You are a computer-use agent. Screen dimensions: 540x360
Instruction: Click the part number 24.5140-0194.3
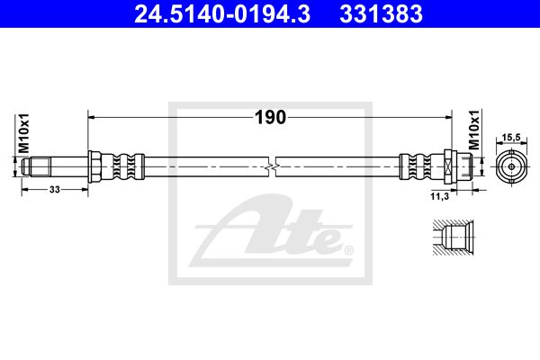(222, 14)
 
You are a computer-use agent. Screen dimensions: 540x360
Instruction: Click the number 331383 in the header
(382, 14)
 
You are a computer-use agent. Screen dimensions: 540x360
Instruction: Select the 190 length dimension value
(270, 118)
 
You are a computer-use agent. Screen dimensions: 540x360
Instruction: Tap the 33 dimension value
(55, 189)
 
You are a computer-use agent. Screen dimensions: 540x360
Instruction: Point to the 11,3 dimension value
(440, 196)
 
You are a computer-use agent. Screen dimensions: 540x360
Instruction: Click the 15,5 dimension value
(511, 138)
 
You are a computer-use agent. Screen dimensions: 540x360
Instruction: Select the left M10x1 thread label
(24, 133)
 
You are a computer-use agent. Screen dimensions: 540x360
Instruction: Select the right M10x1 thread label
(474, 130)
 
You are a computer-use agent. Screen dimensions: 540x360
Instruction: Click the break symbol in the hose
(272, 167)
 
